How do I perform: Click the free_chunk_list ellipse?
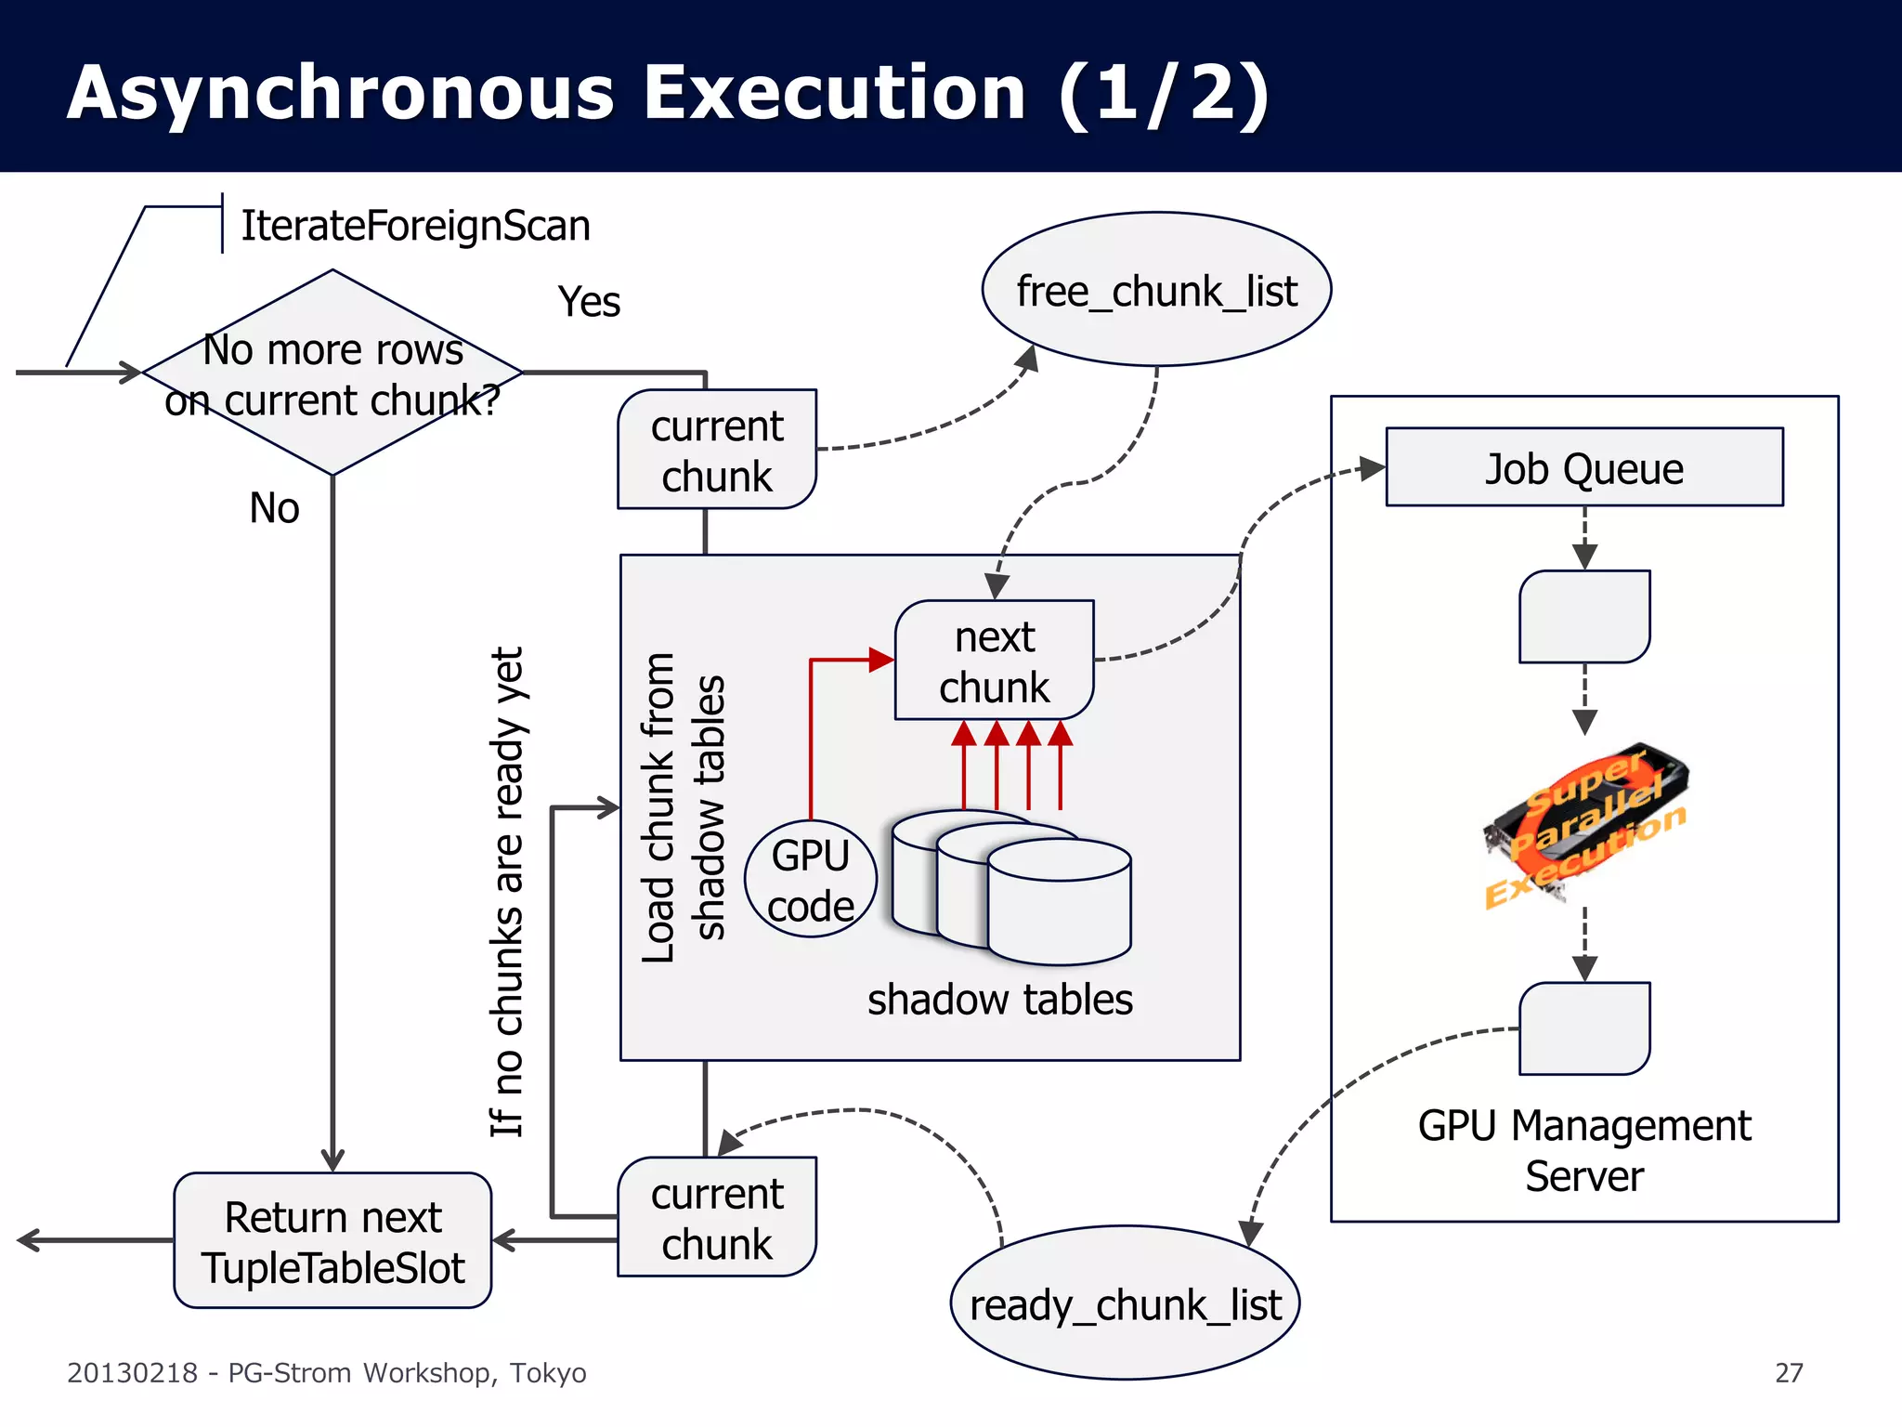(x=1156, y=290)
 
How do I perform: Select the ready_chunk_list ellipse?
(x=1125, y=1303)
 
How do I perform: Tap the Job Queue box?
(x=1583, y=467)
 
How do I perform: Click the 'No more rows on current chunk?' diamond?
(x=332, y=373)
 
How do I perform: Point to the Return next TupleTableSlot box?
(x=332, y=1241)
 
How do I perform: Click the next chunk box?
(x=994, y=661)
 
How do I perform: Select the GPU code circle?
(x=811, y=879)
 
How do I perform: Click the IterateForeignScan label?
(x=415, y=226)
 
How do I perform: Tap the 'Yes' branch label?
(x=589, y=302)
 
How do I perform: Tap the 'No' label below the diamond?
(x=274, y=508)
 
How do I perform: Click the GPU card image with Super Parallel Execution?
(x=1585, y=823)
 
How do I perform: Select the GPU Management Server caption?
(x=1583, y=1150)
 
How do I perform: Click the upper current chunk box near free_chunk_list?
(x=716, y=450)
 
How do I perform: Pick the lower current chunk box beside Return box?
(x=716, y=1217)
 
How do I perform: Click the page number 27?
(x=1788, y=1372)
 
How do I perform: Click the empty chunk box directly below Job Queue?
(x=1583, y=616)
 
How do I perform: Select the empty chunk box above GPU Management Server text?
(x=1583, y=1028)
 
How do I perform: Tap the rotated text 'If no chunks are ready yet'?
(x=507, y=892)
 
